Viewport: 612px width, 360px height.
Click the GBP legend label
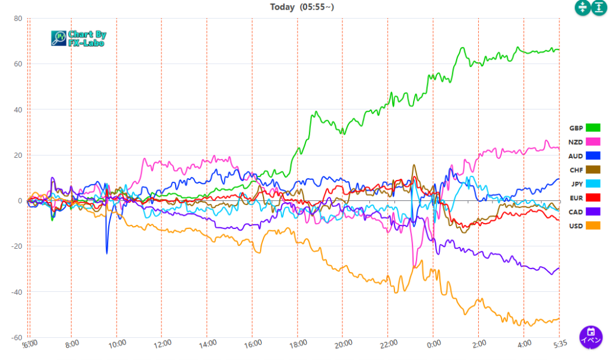pos(576,128)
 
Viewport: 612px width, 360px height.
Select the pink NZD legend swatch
pos(593,142)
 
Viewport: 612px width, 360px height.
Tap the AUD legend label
pos(576,156)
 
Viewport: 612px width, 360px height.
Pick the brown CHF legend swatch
pos(593,170)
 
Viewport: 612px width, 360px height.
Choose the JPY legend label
pos(576,184)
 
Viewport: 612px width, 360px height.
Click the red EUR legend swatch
pos(593,198)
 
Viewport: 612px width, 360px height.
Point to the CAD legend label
pos(576,212)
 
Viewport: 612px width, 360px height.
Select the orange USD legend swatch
pos(593,226)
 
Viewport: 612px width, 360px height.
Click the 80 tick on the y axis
pos(18,19)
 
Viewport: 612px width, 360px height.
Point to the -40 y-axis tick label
pos(16,292)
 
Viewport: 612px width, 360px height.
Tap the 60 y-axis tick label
pos(18,64)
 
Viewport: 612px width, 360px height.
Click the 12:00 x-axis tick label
pos(163,344)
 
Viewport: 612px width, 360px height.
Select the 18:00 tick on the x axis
pos(298,344)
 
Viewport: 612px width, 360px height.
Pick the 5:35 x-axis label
pos(560,344)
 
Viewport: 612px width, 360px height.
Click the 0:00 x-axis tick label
pos(434,344)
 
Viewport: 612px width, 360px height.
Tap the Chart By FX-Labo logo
pos(78,39)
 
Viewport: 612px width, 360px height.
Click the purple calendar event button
pos(590,336)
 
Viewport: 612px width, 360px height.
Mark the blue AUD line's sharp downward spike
pos(107,253)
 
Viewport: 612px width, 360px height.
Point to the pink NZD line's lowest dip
pos(414,267)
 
